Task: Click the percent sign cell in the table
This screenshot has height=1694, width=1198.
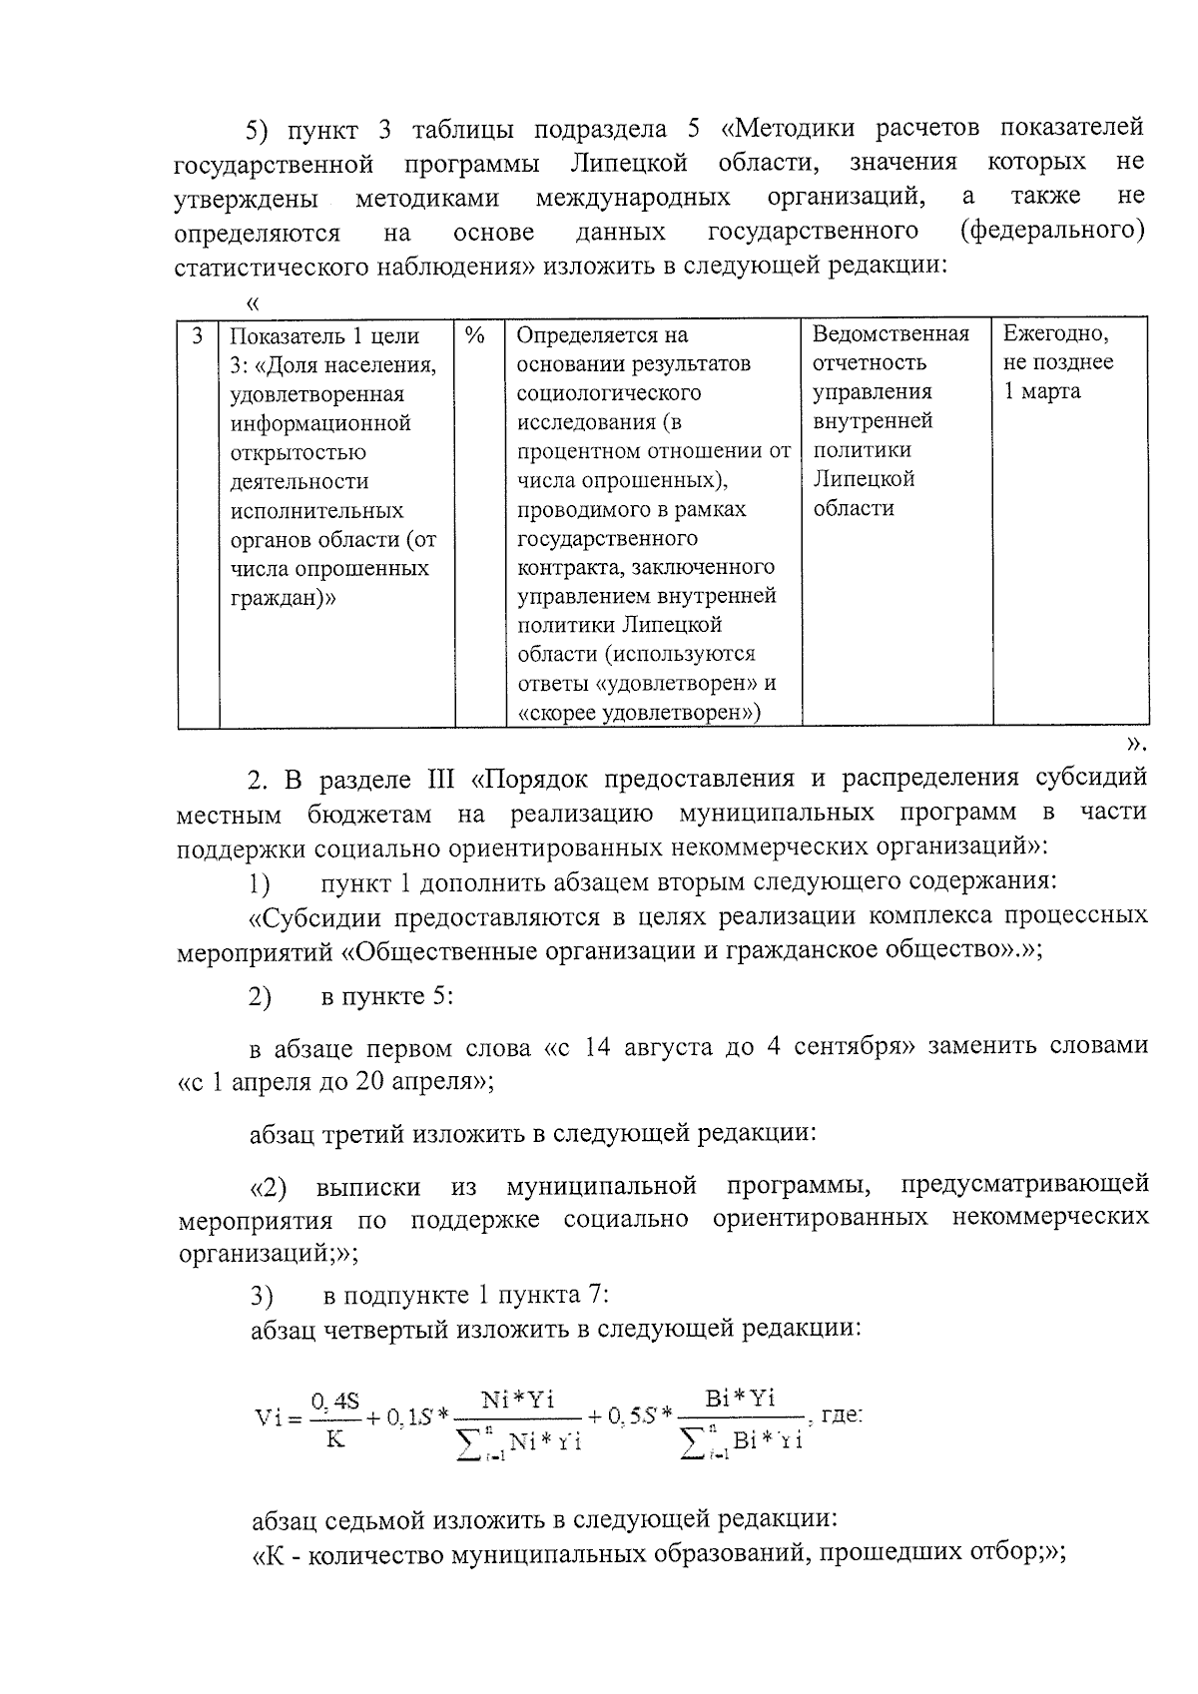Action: click(475, 335)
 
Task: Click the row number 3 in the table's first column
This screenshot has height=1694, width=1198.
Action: click(198, 335)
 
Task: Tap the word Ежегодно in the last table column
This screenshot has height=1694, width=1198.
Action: click(1055, 333)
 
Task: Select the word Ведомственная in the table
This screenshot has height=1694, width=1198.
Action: click(891, 333)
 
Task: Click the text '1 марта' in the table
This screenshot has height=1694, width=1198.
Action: click(1041, 391)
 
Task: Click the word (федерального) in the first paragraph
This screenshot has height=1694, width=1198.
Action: click(1051, 232)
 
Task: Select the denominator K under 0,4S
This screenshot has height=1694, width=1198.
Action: click(335, 1439)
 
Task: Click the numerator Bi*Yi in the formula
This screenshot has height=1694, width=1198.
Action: click(740, 1398)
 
